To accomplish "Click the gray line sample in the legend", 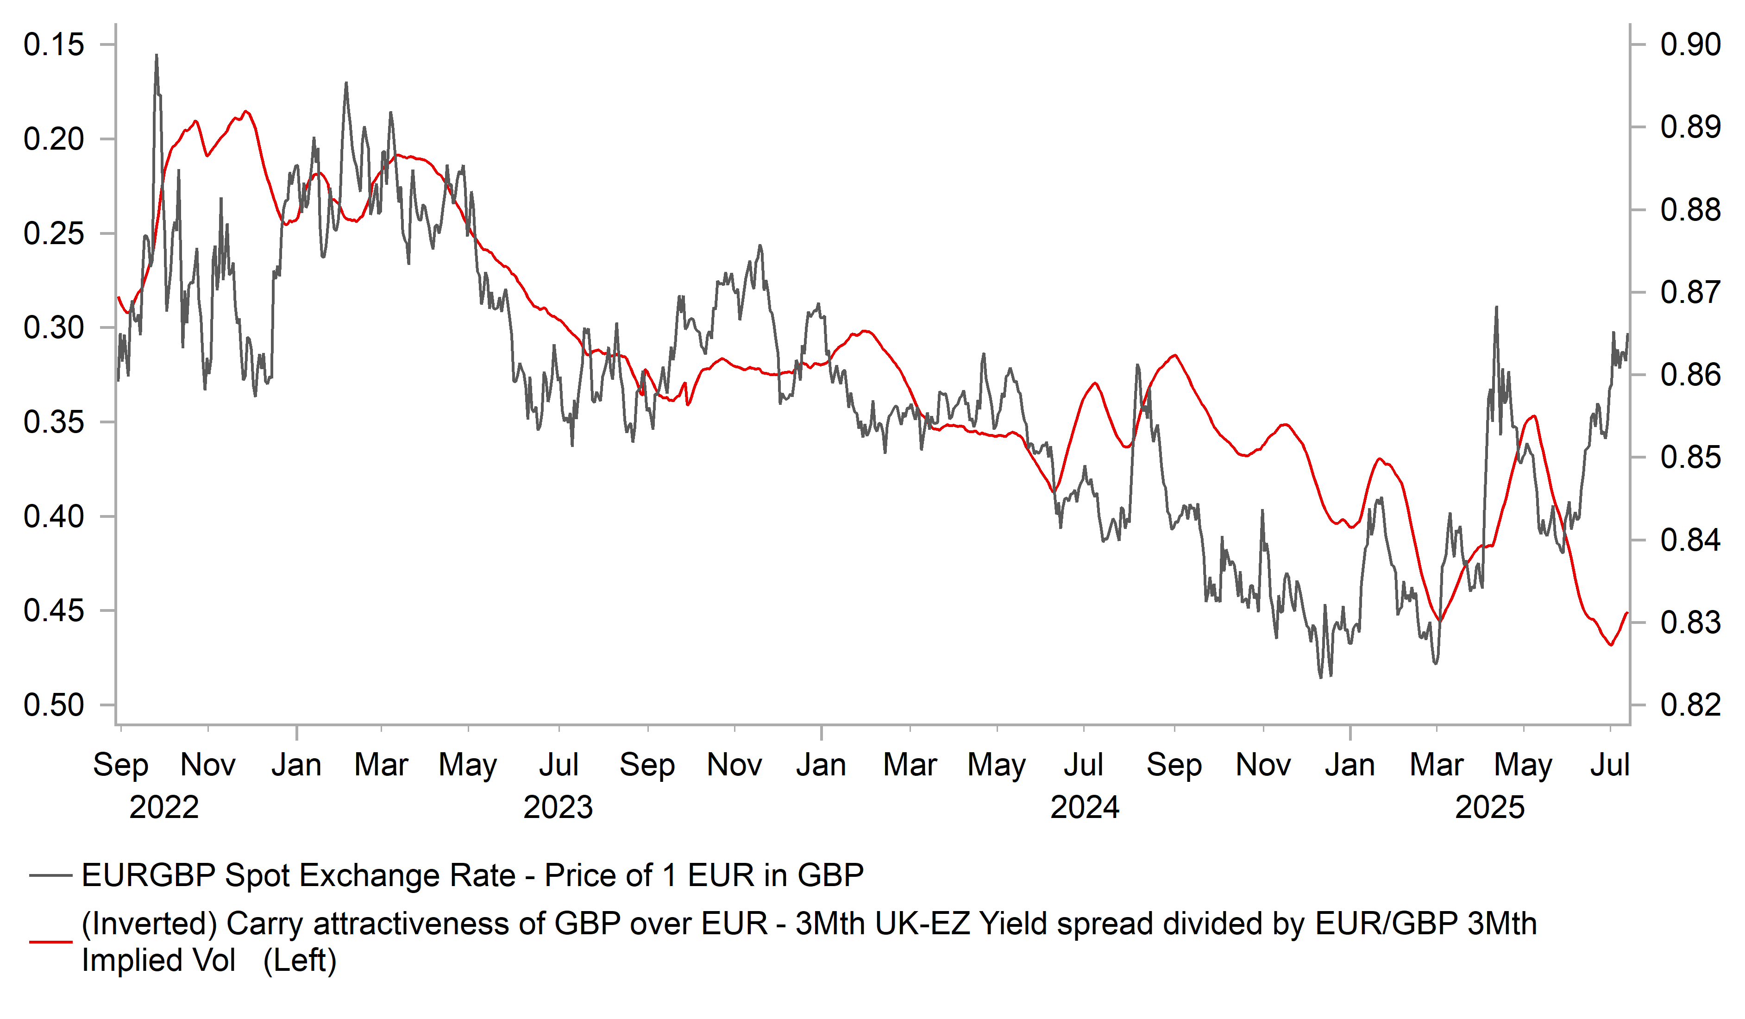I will pos(50,875).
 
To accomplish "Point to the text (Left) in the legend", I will pos(300,961).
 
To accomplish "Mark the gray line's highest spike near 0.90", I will pos(157,56).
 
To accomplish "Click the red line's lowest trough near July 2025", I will pos(1611,645).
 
